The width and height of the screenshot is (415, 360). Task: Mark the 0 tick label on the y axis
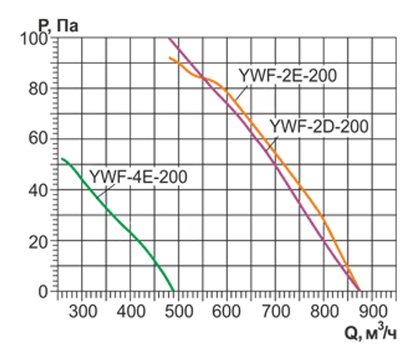coord(44,291)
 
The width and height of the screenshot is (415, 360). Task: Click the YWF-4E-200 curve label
coord(138,176)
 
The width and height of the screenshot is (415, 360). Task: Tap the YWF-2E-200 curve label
coord(287,76)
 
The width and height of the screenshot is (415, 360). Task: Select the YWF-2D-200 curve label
coord(319,126)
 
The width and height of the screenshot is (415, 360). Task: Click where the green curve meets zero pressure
coord(174,291)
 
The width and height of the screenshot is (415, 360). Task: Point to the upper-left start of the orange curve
coord(170,58)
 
